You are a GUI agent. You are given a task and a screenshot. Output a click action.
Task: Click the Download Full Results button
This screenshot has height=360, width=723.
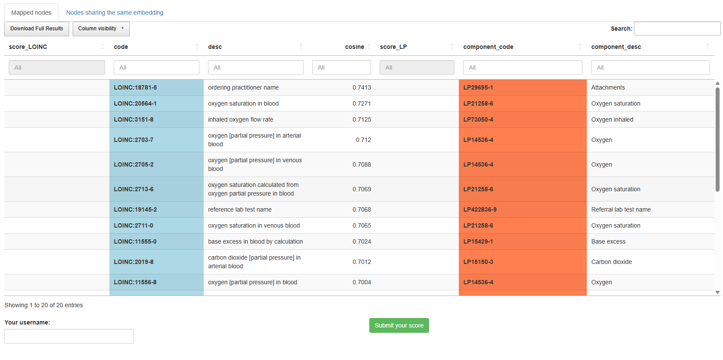pyautogui.click(x=37, y=29)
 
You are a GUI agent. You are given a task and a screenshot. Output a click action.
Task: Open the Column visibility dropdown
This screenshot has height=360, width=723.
pyautogui.click(x=101, y=29)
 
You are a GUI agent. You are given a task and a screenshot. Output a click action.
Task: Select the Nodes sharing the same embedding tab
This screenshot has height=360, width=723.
pyautogui.click(x=115, y=13)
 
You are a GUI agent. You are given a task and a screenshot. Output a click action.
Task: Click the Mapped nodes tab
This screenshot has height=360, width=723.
pyautogui.click(x=31, y=13)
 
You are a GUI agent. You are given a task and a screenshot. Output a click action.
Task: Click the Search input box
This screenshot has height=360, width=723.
pyautogui.click(x=677, y=29)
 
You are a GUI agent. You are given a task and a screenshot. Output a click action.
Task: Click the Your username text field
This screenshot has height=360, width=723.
pyautogui.click(x=69, y=336)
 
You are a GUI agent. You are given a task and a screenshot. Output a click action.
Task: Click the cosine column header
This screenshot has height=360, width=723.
pyautogui.click(x=354, y=47)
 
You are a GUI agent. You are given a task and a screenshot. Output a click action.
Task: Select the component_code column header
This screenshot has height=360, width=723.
pyautogui.click(x=488, y=47)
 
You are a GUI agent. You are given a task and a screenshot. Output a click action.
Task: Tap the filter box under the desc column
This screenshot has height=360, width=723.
pyautogui.click(x=256, y=67)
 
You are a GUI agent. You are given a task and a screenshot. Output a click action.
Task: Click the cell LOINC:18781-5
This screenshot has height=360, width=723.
pyautogui.click(x=135, y=87)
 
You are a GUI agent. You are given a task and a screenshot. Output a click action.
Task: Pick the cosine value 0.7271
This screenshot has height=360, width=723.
pyautogui.click(x=361, y=103)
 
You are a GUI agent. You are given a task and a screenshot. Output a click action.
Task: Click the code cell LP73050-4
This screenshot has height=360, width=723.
pyautogui.click(x=478, y=119)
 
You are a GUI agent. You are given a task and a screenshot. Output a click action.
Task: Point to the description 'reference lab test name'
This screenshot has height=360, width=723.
pyautogui.click(x=240, y=209)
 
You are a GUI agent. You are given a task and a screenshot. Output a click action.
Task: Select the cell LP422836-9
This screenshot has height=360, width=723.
pyautogui.click(x=480, y=209)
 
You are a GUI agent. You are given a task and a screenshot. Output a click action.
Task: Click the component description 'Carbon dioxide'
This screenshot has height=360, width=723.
pyautogui.click(x=611, y=262)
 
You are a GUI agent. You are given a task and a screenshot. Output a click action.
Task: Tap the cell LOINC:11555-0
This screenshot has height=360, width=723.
pyautogui.click(x=135, y=241)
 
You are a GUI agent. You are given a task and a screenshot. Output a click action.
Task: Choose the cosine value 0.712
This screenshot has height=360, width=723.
pyautogui.click(x=363, y=140)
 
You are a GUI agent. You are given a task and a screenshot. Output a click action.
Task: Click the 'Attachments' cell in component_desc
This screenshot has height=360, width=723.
pyautogui.click(x=608, y=87)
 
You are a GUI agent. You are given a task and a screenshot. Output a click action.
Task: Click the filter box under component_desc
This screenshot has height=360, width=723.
pyautogui.click(x=650, y=67)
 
